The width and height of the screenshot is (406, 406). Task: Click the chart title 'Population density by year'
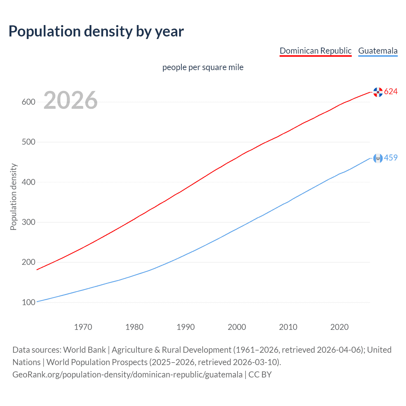96,31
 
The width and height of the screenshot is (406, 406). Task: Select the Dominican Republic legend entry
315,51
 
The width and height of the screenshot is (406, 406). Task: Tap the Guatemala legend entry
378,51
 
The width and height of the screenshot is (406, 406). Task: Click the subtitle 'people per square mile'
203,67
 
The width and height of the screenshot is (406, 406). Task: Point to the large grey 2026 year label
70,100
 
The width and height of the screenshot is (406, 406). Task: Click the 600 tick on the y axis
28,102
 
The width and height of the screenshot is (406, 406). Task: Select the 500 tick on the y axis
28,142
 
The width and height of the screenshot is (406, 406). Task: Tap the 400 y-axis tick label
28,182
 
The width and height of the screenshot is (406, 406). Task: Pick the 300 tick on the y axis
28,222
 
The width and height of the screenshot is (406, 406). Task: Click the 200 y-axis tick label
28,262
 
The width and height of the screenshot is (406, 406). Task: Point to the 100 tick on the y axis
28,302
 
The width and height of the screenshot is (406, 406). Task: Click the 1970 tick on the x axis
83,327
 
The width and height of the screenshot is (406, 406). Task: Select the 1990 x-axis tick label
186,327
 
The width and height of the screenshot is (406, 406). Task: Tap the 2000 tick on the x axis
237,327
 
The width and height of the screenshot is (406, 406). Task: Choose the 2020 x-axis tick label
339,327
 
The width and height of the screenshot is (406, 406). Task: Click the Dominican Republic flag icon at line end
378,92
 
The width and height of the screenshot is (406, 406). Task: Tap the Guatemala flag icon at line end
378,158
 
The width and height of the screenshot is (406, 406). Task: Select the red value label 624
391,92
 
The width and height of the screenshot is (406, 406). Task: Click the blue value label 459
391,158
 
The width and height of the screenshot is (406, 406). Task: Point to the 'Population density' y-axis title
13,197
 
